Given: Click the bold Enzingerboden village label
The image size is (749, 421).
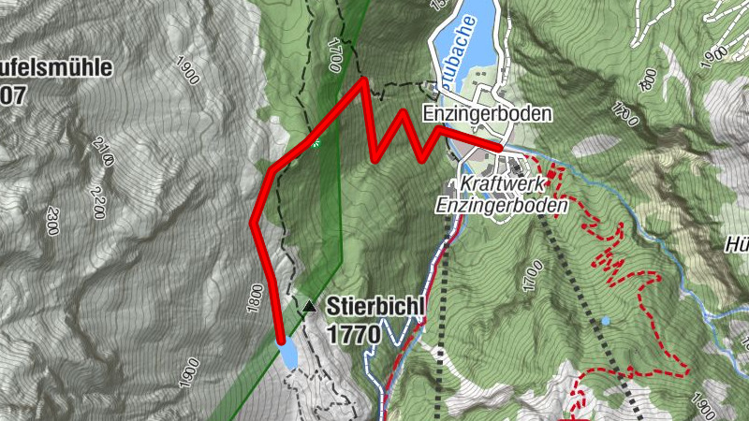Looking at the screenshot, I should (487, 113).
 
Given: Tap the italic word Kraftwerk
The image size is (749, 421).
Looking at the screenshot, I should (501, 183).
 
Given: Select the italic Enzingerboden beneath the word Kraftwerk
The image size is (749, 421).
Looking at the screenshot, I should (503, 204).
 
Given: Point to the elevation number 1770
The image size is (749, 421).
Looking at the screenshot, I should (353, 332).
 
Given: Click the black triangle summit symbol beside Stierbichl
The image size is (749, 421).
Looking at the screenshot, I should (309, 306).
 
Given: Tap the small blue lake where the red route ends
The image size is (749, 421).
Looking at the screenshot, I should (287, 355).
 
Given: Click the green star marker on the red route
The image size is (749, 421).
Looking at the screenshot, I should (316, 143).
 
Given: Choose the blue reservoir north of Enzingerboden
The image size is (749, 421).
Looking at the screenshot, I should (468, 33).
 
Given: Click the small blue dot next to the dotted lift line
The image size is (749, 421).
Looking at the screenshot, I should (607, 321).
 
